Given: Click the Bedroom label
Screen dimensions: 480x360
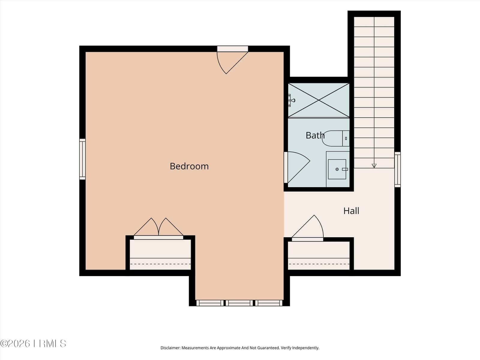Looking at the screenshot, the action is click(x=189, y=166).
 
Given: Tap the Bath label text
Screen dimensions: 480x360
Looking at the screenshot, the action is click(x=315, y=136).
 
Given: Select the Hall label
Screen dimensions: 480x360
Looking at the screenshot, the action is click(x=351, y=211).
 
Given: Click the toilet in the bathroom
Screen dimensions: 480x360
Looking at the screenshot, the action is click(x=336, y=138).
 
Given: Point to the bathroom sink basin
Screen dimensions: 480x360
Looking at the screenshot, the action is click(x=337, y=169).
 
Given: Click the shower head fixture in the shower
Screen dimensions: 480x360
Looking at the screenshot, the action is click(x=291, y=100).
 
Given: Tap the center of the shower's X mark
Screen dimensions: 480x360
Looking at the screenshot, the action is click(x=319, y=100).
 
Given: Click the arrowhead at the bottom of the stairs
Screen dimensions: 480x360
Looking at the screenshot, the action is click(x=374, y=166).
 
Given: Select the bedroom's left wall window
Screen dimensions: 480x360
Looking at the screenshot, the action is click(x=82, y=159).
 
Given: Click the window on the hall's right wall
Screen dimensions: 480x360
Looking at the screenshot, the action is click(x=397, y=169).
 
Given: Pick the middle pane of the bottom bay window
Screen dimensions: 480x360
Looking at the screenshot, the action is click(x=239, y=303).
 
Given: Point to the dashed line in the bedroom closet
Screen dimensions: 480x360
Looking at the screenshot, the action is click(x=160, y=264).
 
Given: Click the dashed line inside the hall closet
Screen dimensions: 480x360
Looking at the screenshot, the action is click(x=319, y=264).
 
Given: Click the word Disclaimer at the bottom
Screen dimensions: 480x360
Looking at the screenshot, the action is click(x=170, y=348).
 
